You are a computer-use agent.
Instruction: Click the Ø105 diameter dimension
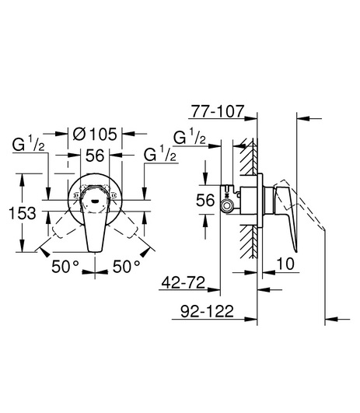(x=95, y=134)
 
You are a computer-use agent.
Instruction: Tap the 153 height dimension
(x=23, y=213)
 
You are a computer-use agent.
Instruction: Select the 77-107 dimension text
(x=218, y=111)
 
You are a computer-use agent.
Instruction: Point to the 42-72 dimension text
(x=183, y=283)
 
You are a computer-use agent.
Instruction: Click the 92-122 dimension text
(x=207, y=312)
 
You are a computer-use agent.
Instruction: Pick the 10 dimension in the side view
(x=285, y=264)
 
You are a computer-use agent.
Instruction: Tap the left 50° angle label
(x=65, y=267)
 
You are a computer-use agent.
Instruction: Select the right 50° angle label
(x=127, y=267)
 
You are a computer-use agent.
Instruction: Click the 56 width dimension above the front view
(x=95, y=156)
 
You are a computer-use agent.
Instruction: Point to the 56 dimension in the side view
(x=205, y=200)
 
